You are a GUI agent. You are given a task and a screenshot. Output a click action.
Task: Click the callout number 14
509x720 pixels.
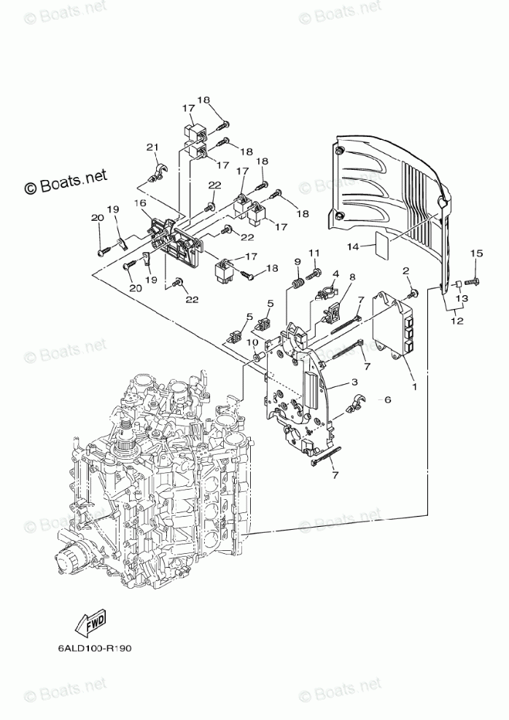click(353, 247)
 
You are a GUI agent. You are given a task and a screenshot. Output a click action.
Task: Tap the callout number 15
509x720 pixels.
click(476, 253)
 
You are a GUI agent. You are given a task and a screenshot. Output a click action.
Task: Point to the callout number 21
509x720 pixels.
click(152, 148)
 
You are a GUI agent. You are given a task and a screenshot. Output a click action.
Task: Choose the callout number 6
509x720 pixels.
click(387, 399)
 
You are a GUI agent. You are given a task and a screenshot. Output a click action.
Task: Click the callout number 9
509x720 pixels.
click(298, 262)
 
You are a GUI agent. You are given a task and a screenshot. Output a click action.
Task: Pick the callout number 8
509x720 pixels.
click(351, 277)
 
